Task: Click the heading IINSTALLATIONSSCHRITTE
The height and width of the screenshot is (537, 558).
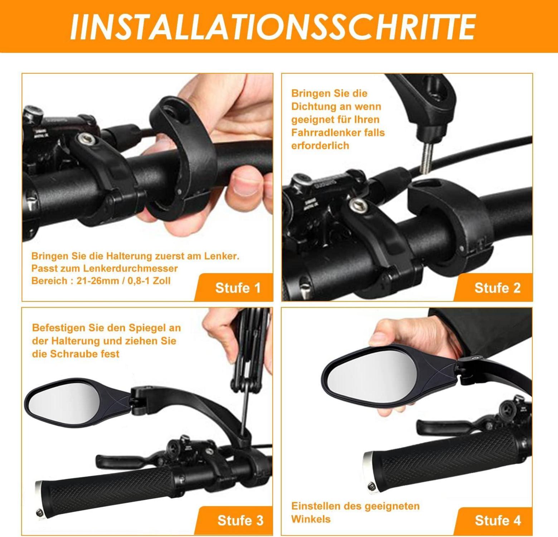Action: pos(273,27)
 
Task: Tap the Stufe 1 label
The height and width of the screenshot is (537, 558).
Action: pos(238,287)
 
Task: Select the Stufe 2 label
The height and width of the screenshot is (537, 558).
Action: pos(498,287)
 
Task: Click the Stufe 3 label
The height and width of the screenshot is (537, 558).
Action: pos(240,520)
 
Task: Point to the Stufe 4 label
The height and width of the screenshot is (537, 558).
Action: pos(498,520)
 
